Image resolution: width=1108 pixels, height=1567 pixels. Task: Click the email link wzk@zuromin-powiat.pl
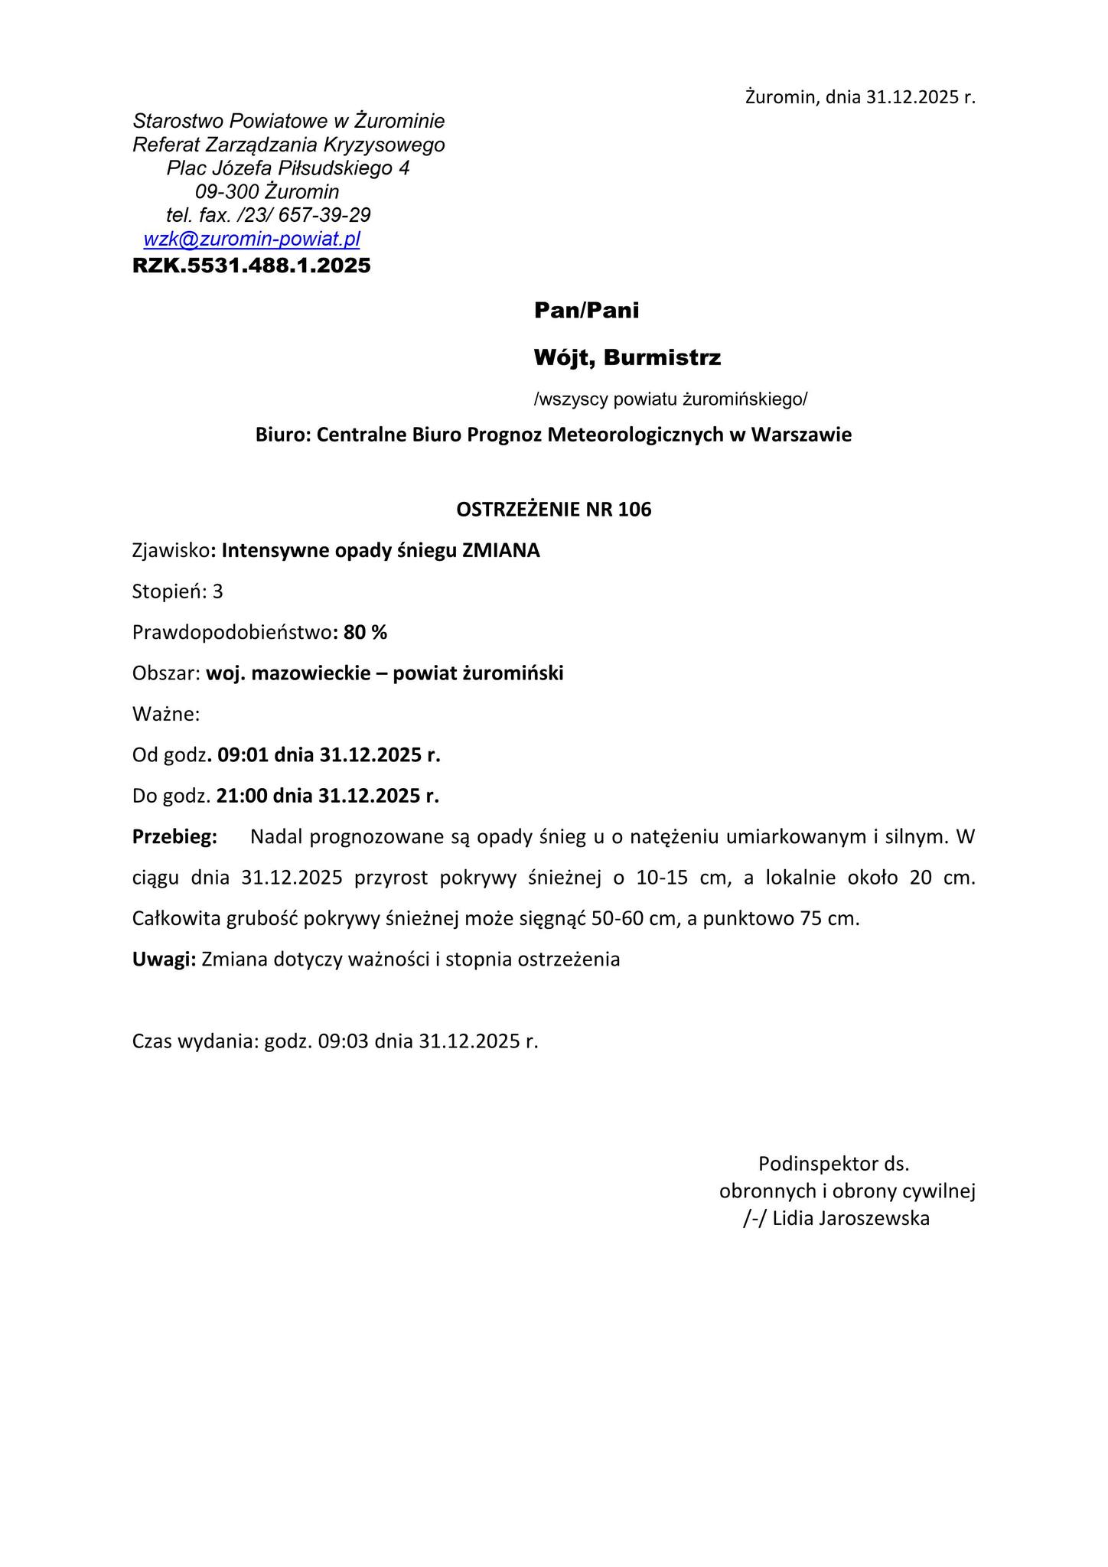pos(252,239)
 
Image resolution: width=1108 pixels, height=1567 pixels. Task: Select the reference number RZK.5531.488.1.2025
pos(251,266)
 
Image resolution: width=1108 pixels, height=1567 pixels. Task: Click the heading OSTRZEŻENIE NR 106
pos(553,510)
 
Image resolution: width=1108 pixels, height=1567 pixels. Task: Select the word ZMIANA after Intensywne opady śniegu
pos(501,551)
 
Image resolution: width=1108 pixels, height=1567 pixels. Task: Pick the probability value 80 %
pos(366,633)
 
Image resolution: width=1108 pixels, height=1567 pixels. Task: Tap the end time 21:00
pos(242,796)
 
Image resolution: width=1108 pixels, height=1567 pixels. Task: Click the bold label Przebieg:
pos(175,836)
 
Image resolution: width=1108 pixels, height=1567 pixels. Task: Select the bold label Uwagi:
pos(165,959)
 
